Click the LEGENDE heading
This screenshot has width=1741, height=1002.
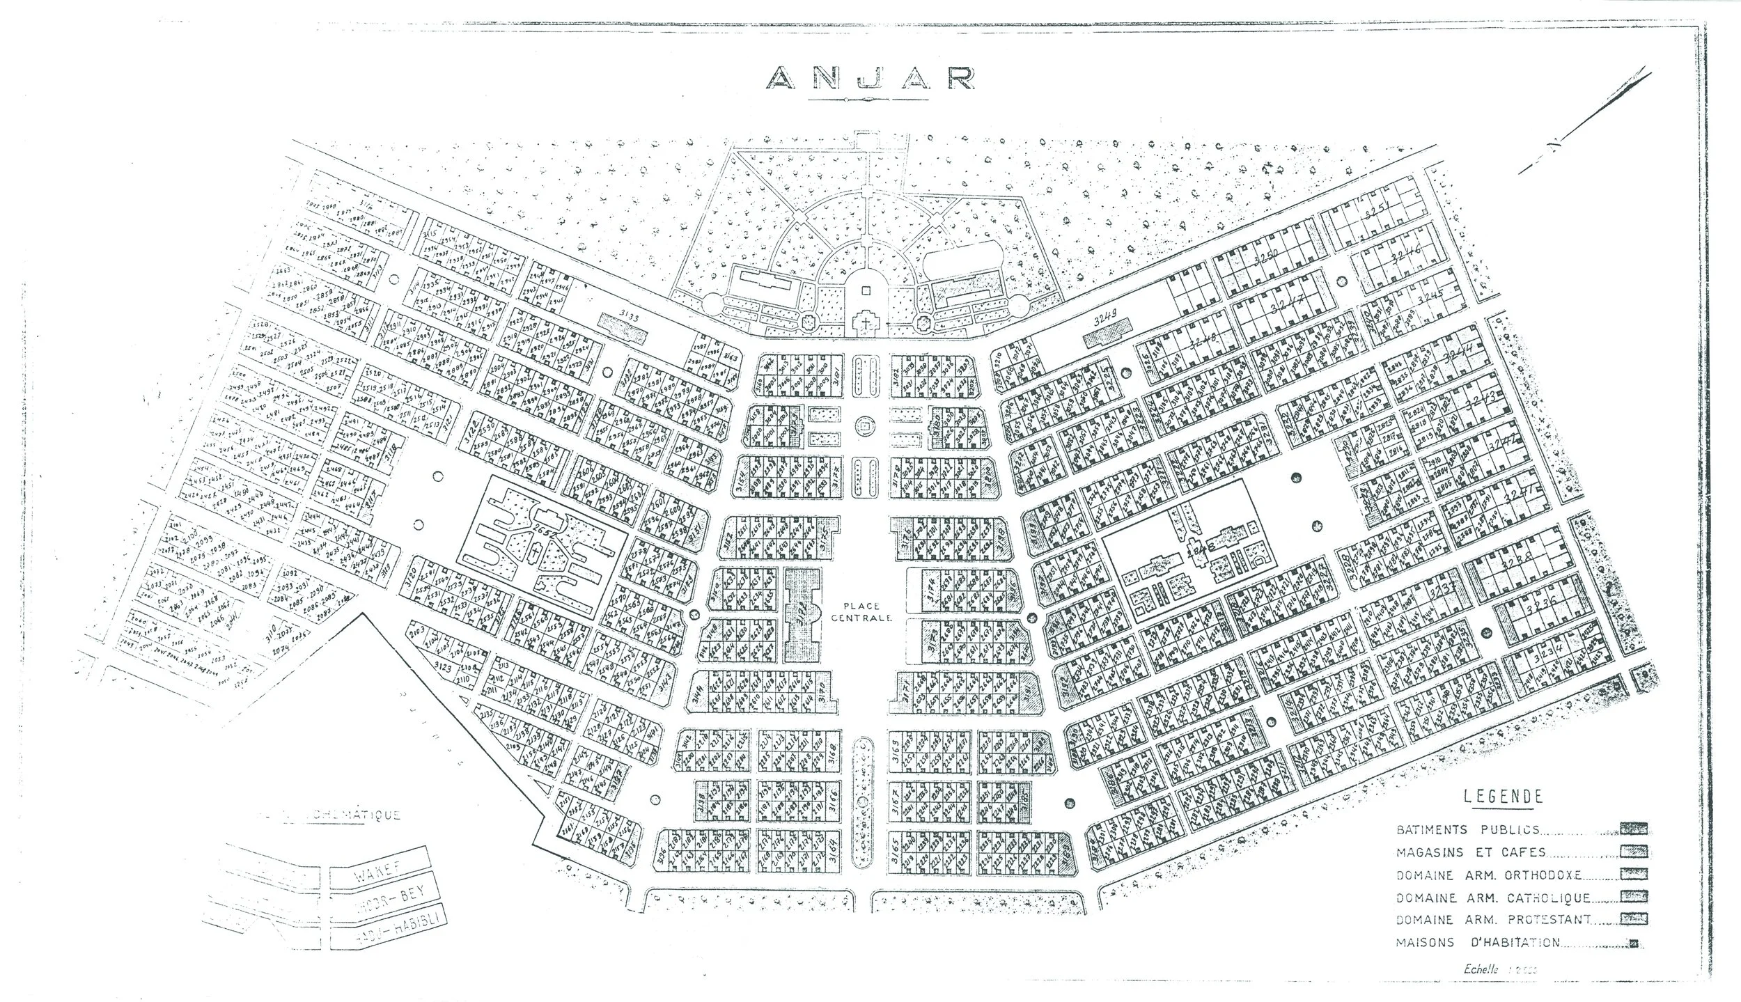click(x=1503, y=797)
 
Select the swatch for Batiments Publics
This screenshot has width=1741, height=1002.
click(x=1634, y=829)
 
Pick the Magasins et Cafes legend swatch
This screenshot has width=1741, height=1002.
click(x=1634, y=852)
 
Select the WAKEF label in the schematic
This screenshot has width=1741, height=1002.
click(x=368, y=875)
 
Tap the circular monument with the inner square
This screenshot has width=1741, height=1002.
click(x=866, y=424)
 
